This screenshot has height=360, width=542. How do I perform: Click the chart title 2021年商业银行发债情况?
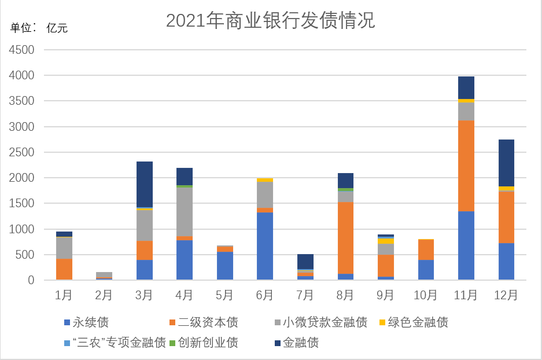click(270, 20)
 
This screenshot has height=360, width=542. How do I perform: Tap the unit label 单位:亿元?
click(39, 28)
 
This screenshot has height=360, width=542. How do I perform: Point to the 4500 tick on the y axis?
click(21, 50)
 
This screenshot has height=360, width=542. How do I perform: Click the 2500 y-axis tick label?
click(21, 152)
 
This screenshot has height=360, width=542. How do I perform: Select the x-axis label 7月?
click(305, 295)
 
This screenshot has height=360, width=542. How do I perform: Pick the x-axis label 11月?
click(466, 295)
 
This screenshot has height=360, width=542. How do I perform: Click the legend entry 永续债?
click(86, 322)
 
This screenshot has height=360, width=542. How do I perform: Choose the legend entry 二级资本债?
click(204, 322)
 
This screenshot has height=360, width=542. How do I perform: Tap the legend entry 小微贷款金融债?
click(321, 322)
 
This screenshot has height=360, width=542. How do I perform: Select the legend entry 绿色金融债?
click(414, 322)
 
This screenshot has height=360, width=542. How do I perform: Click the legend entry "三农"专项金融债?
click(115, 343)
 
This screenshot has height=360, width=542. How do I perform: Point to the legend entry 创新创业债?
click(204, 343)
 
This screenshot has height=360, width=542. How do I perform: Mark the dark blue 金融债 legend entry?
click(297, 343)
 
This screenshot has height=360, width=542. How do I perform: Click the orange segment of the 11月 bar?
click(466, 166)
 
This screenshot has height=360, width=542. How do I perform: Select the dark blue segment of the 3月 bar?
click(145, 184)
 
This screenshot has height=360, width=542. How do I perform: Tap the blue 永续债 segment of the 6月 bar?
click(265, 246)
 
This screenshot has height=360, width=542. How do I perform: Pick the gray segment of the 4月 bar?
click(185, 212)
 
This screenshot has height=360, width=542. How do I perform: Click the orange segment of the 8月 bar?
click(345, 238)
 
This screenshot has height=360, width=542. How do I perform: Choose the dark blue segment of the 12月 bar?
click(506, 163)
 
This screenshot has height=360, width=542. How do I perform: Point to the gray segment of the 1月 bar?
click(64, 248)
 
